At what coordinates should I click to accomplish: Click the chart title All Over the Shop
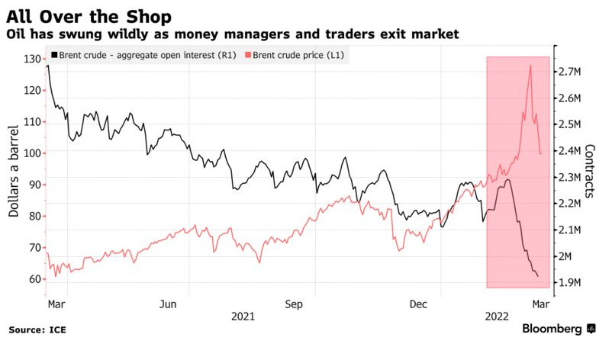pos(89,16)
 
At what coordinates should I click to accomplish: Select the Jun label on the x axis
pos(169,304)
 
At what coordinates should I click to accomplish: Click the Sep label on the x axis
pos(295,304)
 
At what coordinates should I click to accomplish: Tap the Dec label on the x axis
pos(419,304)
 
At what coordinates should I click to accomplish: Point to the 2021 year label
pos(243,316)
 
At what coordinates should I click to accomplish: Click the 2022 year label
pos(497,316)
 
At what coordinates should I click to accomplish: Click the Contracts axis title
pos(590,171)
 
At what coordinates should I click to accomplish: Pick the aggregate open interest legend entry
pos(143,55)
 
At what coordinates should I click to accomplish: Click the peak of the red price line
pos(530,66)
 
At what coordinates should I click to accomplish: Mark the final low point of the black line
pos(538,276)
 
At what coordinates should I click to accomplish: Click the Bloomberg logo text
pos(552,329)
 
